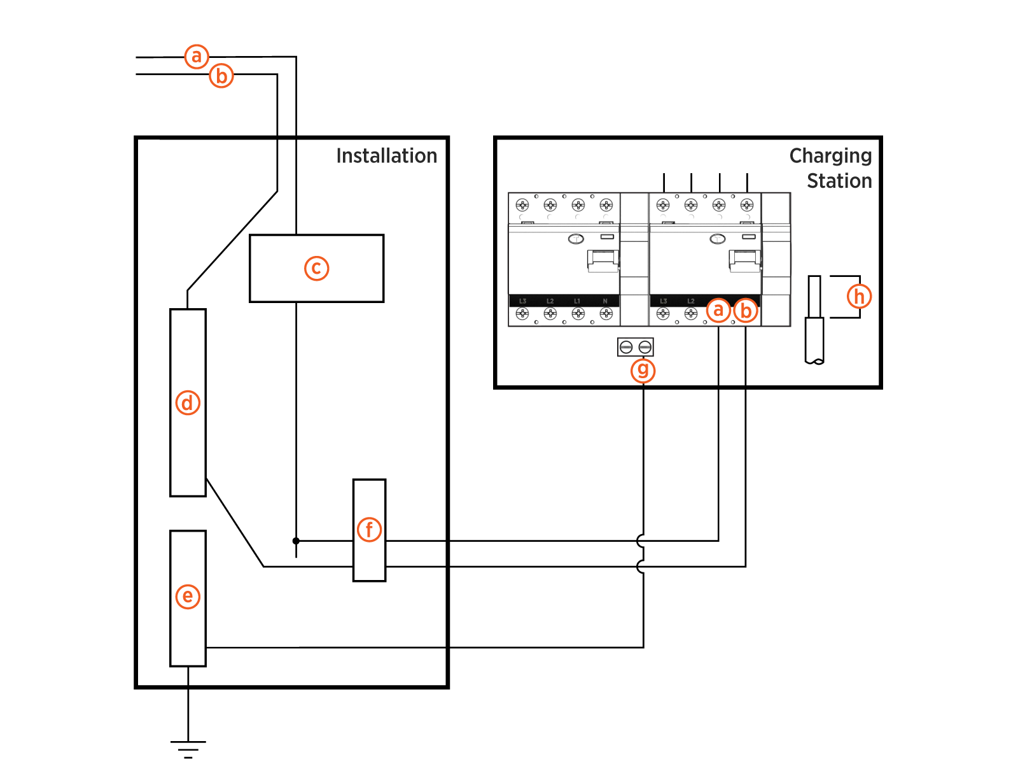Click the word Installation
386,156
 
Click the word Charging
830,156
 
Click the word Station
839,181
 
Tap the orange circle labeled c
316,268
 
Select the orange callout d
188,402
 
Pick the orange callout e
188,596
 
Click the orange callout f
369,529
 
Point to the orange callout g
643,370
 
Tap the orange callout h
859,296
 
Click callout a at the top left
197,56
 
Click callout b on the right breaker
746,311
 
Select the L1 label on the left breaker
577,301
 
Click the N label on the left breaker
605,301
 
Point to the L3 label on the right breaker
663,301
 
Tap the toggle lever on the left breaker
603,260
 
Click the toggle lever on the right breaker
744,260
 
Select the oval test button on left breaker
576,239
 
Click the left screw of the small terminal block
626,347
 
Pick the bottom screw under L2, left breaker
550,313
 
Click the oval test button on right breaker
717,239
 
